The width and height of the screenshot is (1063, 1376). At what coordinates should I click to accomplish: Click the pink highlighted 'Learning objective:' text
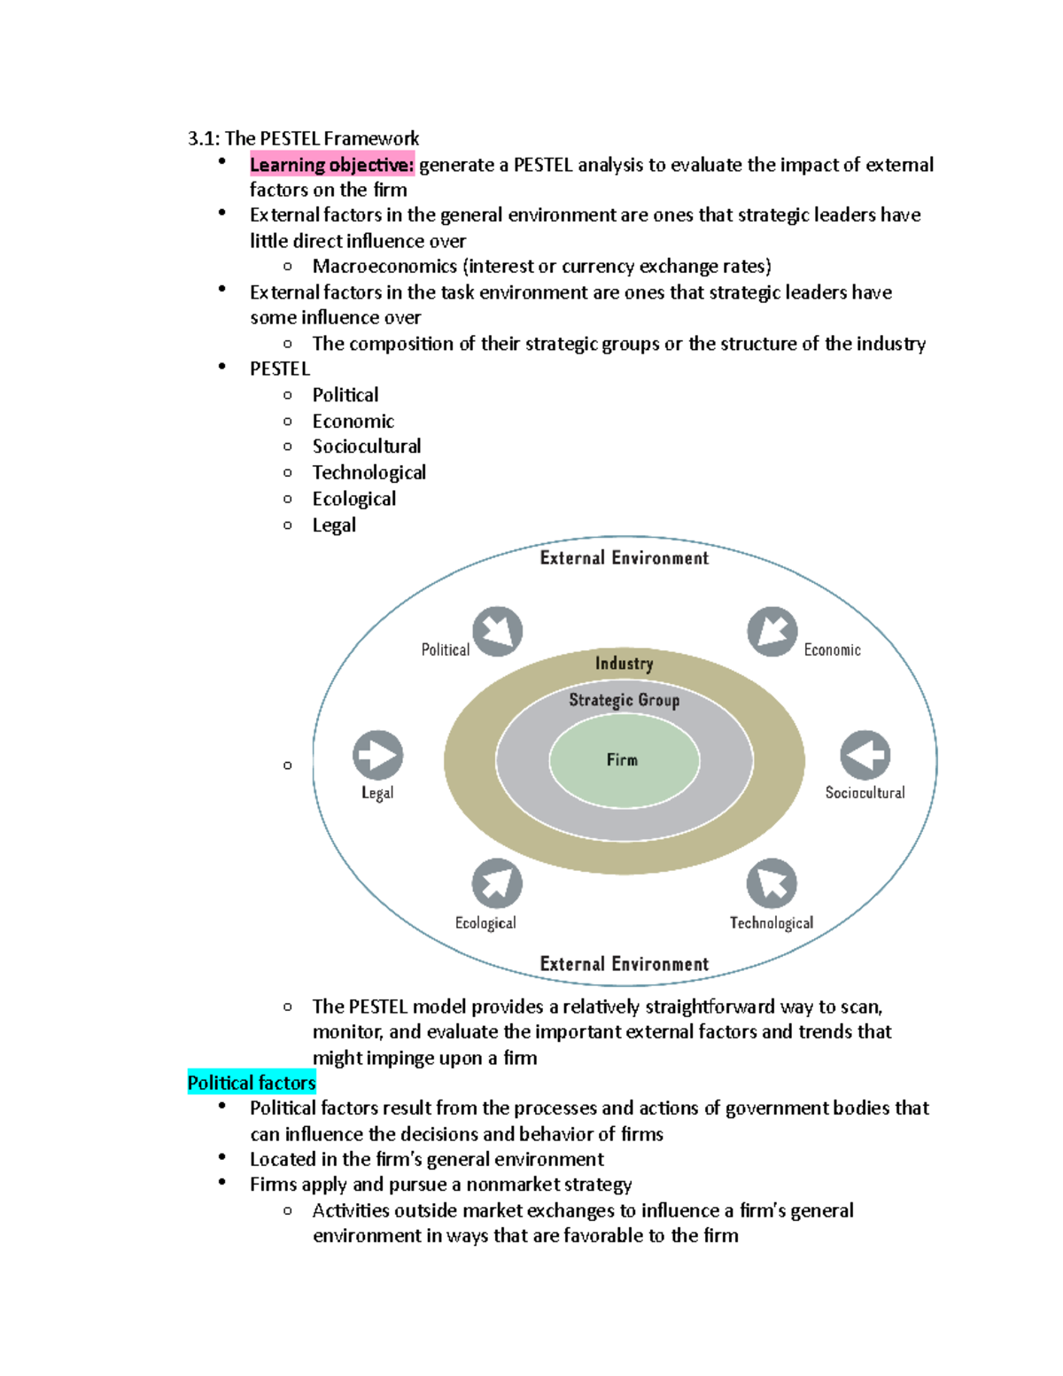(x=331, y=165)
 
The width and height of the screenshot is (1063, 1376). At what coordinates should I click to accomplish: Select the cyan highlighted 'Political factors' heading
(x=252, y=1083)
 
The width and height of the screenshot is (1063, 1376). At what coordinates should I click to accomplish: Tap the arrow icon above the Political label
(x=497, y=632)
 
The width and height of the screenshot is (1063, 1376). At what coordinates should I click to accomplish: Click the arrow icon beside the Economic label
(x=772, y=632)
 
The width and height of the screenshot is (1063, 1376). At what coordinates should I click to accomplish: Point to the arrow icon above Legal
(x=378, y=755)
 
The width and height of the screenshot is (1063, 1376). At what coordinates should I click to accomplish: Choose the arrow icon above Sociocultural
(x=865, y=755)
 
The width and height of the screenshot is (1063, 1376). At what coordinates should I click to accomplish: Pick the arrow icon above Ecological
(x=497, y=883)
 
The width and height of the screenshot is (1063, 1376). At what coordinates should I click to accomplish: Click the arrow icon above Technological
(x=772, y=883)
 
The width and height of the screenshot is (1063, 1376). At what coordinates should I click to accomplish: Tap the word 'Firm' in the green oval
(x=622, y=760)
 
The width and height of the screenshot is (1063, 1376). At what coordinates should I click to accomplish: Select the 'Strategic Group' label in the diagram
(x=625, y=700)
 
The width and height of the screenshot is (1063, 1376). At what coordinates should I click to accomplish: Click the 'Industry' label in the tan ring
(x=625, y=664)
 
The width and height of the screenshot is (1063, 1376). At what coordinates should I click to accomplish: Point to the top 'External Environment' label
(x=625, y=558)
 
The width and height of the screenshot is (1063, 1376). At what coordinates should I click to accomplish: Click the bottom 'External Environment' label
(x=625, y=964)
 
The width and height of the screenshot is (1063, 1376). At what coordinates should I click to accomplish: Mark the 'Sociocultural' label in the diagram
(x=865, y=793)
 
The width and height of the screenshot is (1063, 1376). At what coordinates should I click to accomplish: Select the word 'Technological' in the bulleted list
(x=369, y=473)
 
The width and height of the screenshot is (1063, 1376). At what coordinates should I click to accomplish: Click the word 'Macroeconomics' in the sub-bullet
(x=384, y=267)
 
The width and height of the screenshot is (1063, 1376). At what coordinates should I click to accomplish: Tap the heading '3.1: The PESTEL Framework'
(x=303, y=138)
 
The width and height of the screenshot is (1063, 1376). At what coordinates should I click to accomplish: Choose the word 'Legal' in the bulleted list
(x=334, y=525)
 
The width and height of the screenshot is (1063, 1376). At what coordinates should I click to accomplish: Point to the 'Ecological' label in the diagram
(x=485, y=923)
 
